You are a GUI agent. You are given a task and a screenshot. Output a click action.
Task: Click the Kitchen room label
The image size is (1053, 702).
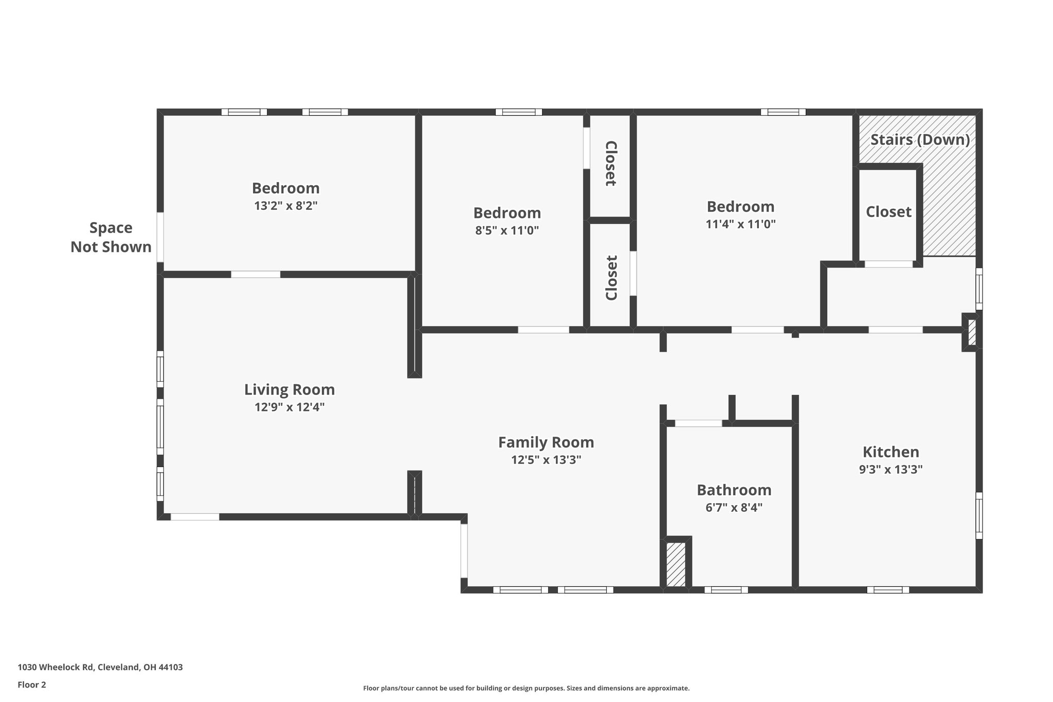coord(891,452)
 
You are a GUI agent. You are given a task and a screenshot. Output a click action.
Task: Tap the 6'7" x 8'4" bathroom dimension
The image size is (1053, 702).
coord(734,508)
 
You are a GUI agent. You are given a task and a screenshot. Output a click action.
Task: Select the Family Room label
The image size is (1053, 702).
coord(546,442)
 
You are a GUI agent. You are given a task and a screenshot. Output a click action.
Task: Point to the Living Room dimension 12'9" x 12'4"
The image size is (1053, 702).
coord(289,407)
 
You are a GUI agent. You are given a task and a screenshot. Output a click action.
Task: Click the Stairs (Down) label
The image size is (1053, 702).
coord(920,140)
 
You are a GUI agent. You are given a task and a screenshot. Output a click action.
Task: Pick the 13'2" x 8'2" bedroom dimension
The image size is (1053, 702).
coord(285,206)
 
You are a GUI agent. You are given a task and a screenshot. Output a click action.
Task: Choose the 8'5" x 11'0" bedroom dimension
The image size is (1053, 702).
coord(506,230)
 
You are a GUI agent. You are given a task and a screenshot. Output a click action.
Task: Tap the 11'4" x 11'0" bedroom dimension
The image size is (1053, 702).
coord(740,224)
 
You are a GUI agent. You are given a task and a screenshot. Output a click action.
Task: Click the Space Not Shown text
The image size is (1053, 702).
coord(111,237)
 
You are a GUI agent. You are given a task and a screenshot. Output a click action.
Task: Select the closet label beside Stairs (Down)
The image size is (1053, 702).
coord(888,212)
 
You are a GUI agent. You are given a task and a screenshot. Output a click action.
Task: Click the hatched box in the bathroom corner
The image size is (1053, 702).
coord(676,564)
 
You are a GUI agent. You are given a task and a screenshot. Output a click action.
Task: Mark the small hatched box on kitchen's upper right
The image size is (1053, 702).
coord(971,332)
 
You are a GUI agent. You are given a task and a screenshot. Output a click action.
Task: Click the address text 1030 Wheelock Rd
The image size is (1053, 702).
coord(100,667)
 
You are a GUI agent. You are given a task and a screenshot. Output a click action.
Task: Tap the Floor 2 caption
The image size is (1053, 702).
coord(32,685)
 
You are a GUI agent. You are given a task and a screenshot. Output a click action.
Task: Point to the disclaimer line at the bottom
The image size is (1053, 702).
coord(526,688)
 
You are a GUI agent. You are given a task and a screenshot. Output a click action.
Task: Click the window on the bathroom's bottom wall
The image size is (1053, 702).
coord(726,590)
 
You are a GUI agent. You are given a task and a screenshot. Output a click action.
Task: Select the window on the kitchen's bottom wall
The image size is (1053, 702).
coord(887,590)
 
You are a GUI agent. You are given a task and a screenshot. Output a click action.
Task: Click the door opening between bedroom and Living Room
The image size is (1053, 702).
coord(256,274)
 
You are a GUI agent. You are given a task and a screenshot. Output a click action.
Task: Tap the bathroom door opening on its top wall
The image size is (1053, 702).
coord(698,423)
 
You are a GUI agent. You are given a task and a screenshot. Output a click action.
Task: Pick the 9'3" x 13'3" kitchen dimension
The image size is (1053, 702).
coord(891,470)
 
